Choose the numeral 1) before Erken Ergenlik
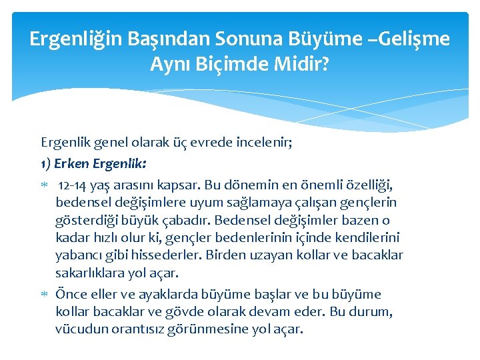[x=46, y=162]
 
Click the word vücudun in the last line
[x=80, y=329]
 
